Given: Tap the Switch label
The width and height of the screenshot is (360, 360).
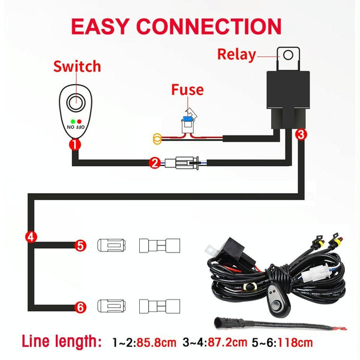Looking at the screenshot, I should (x=76, y=67).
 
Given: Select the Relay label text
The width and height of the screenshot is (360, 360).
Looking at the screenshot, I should (x=236, y=55).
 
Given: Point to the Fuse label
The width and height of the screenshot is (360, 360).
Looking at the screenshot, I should (x=187, y=91).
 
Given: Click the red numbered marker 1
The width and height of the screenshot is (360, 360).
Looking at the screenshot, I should (x=74, y=145).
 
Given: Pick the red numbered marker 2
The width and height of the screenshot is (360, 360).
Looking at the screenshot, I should (x=154, y=162).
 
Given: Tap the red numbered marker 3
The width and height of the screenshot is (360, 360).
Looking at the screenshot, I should (x=301, y=135).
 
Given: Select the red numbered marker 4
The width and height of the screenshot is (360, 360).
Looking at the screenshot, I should (x=31, y=236).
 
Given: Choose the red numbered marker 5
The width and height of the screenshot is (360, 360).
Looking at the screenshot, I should (x=80, y=245).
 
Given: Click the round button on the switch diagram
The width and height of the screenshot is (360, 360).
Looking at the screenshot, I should (x=76, y=104).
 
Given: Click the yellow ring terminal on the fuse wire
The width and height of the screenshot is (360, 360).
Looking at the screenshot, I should (x=157, y=140).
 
